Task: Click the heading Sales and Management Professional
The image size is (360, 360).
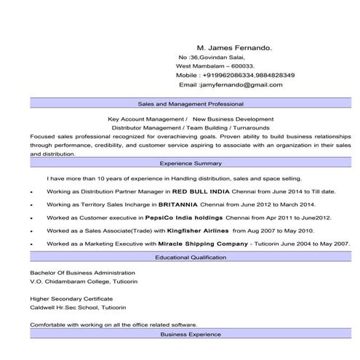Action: click(x=191, y=105)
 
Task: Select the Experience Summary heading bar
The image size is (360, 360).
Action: click(x=191, y=164)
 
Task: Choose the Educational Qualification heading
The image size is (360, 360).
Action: click(x=191, y=257)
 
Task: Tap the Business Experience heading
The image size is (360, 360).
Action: click(x=191, y=335)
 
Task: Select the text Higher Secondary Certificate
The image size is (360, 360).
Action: click(x=71, y=298)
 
